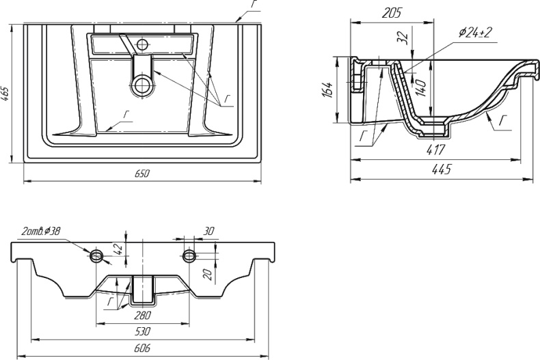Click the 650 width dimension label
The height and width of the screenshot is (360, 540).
point(142,174)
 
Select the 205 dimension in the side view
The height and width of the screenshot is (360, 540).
point(392,13)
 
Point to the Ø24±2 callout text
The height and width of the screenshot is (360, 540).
point(475,33)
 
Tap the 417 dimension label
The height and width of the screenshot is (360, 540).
point(435,150)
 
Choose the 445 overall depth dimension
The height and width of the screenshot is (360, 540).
point(440,169)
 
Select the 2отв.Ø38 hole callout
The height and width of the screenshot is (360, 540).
point(40,232)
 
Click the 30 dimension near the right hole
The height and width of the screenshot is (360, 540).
point(208,232)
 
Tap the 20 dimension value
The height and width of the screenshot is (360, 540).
point(207,275)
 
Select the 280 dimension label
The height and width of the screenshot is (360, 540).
point(143,315)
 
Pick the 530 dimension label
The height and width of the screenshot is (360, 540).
point(142,331)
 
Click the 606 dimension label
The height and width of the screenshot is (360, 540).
point(142,348)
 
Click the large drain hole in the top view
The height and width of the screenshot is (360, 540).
point(142,85)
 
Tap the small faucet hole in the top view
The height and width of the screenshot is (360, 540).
point(142,44)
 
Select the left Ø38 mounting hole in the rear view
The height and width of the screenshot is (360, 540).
point(96,255)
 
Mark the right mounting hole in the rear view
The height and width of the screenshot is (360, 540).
point(189,255)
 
